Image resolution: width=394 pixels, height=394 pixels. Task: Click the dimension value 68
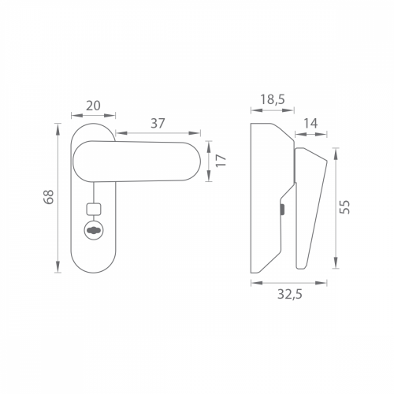coord(49,196)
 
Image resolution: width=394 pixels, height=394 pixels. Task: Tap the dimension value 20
coord(93,106)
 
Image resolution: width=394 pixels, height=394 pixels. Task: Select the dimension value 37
coord(158,123)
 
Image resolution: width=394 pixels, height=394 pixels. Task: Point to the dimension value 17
coord(221,160)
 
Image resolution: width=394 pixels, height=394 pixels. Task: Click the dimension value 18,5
coord(273,100)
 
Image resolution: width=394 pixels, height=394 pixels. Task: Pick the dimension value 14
coord(310,123)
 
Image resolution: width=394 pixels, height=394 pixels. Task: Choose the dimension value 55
coord(345,207)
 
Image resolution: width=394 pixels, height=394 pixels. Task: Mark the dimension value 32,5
coord(290,294)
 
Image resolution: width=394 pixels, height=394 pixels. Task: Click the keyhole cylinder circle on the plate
coord(94,230)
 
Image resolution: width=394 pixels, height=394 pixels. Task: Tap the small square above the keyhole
coord(94,209)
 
